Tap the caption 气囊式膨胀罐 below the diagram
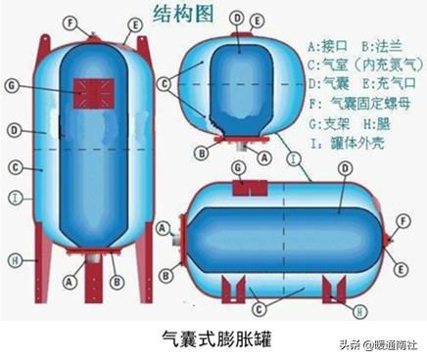(213, 339)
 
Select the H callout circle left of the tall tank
(15, 260)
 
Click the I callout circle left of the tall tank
(15, 199)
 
